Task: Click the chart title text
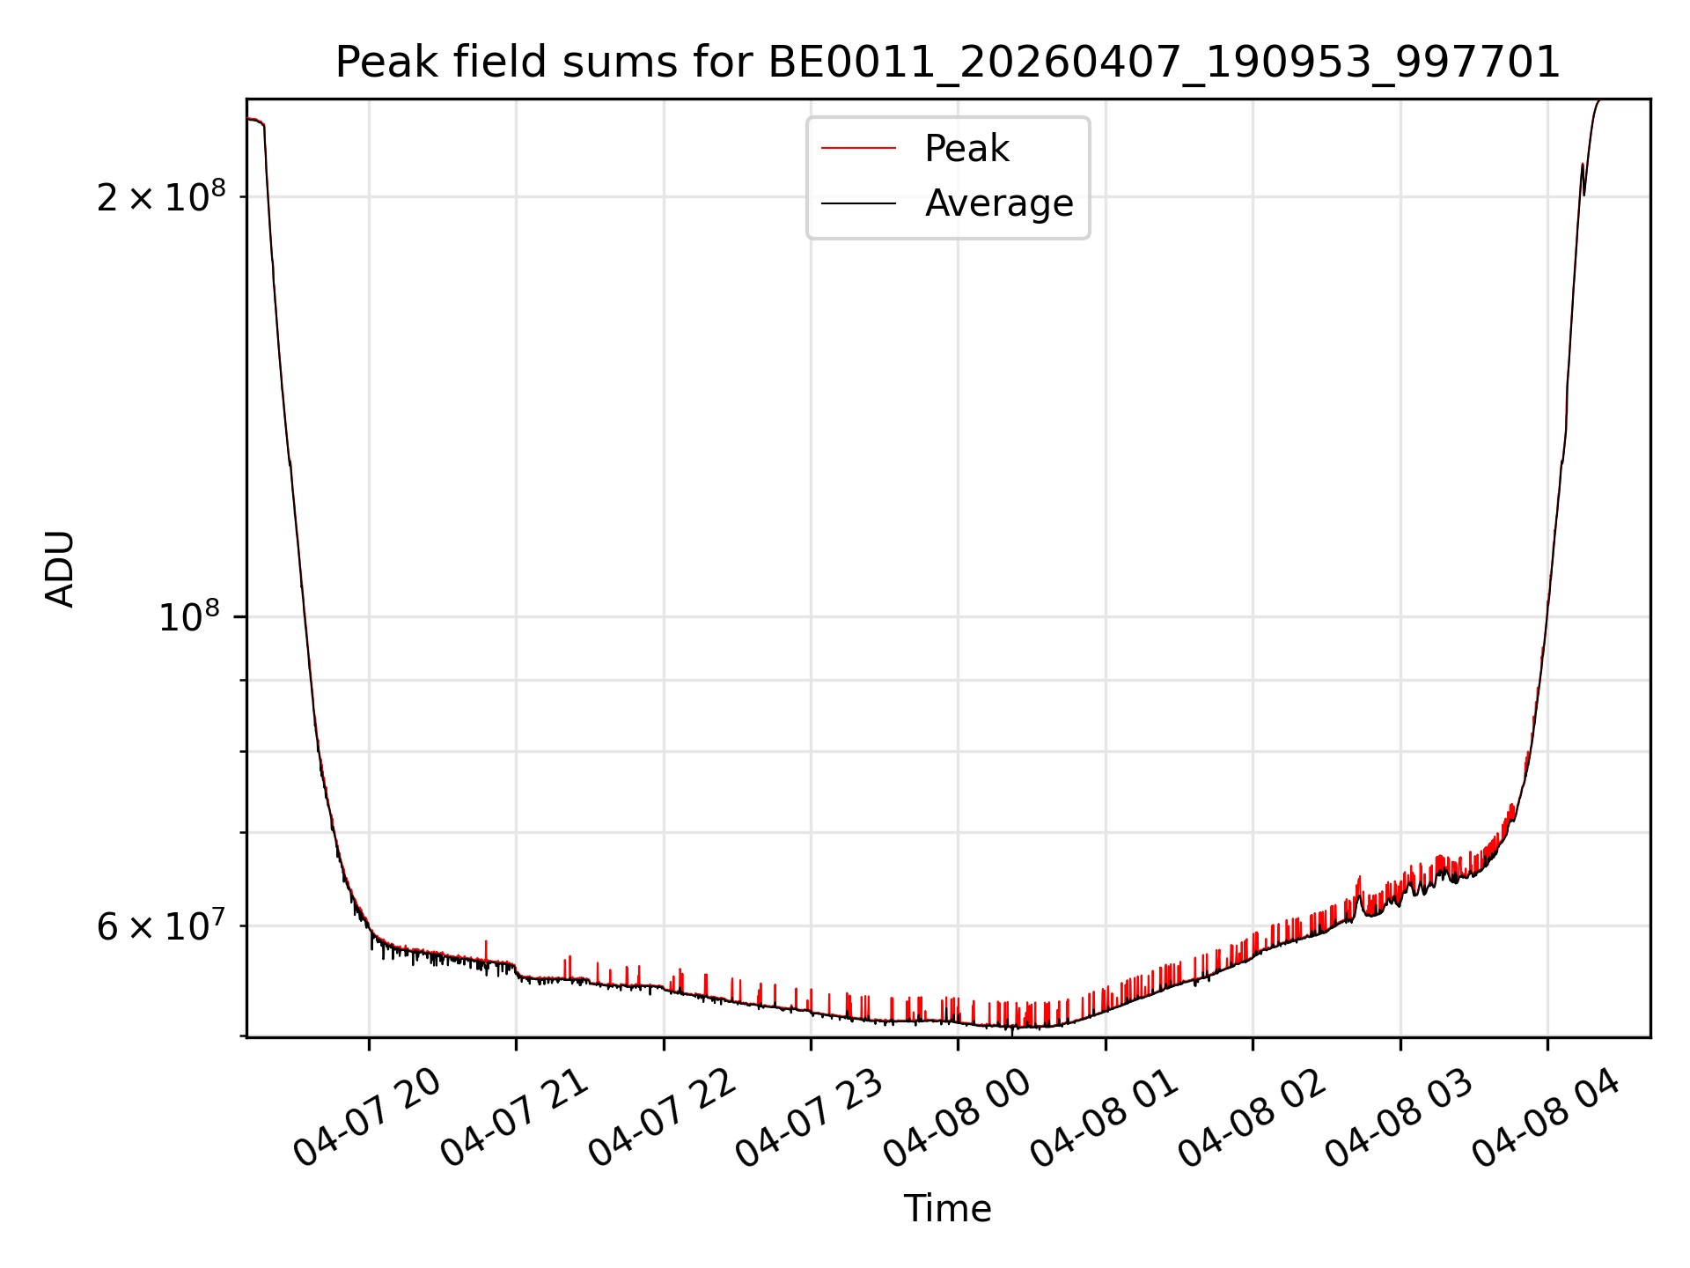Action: [x=948, y=63]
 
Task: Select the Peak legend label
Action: [x=966, y=149]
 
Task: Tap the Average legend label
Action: [x=999, y=203]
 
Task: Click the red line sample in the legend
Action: [x=859, y=149]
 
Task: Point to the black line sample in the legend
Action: [x=859, y=203]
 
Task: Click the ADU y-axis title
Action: [x=60, y=569]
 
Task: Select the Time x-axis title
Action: [x=948, y=1209]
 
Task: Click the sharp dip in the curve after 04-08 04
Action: [x=1584, y=194]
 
